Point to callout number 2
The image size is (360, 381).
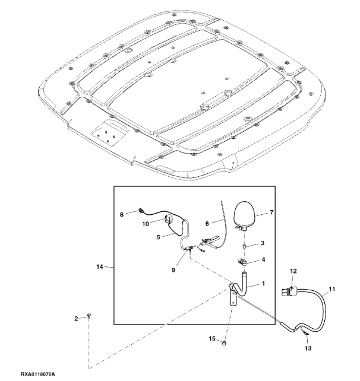76,319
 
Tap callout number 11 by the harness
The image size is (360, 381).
331,289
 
